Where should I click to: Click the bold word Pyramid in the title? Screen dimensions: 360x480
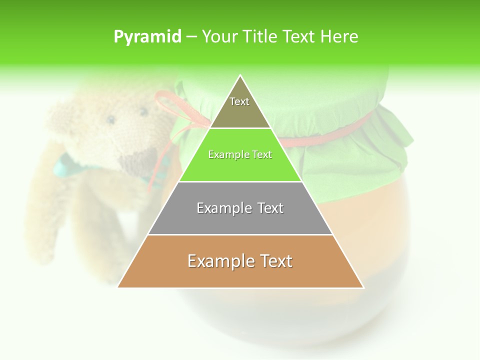coord(147,37)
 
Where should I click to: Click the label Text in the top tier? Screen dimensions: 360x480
coord(239,101)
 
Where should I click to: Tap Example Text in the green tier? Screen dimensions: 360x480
coord(240,154)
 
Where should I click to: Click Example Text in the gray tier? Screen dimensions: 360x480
coord(240,208)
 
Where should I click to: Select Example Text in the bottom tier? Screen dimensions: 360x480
coord(240,261)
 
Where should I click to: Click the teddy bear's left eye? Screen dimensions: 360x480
coord(110,119)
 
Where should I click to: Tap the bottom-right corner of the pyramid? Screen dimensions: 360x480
coord(363,287)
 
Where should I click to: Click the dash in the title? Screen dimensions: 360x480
coord(191,37)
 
